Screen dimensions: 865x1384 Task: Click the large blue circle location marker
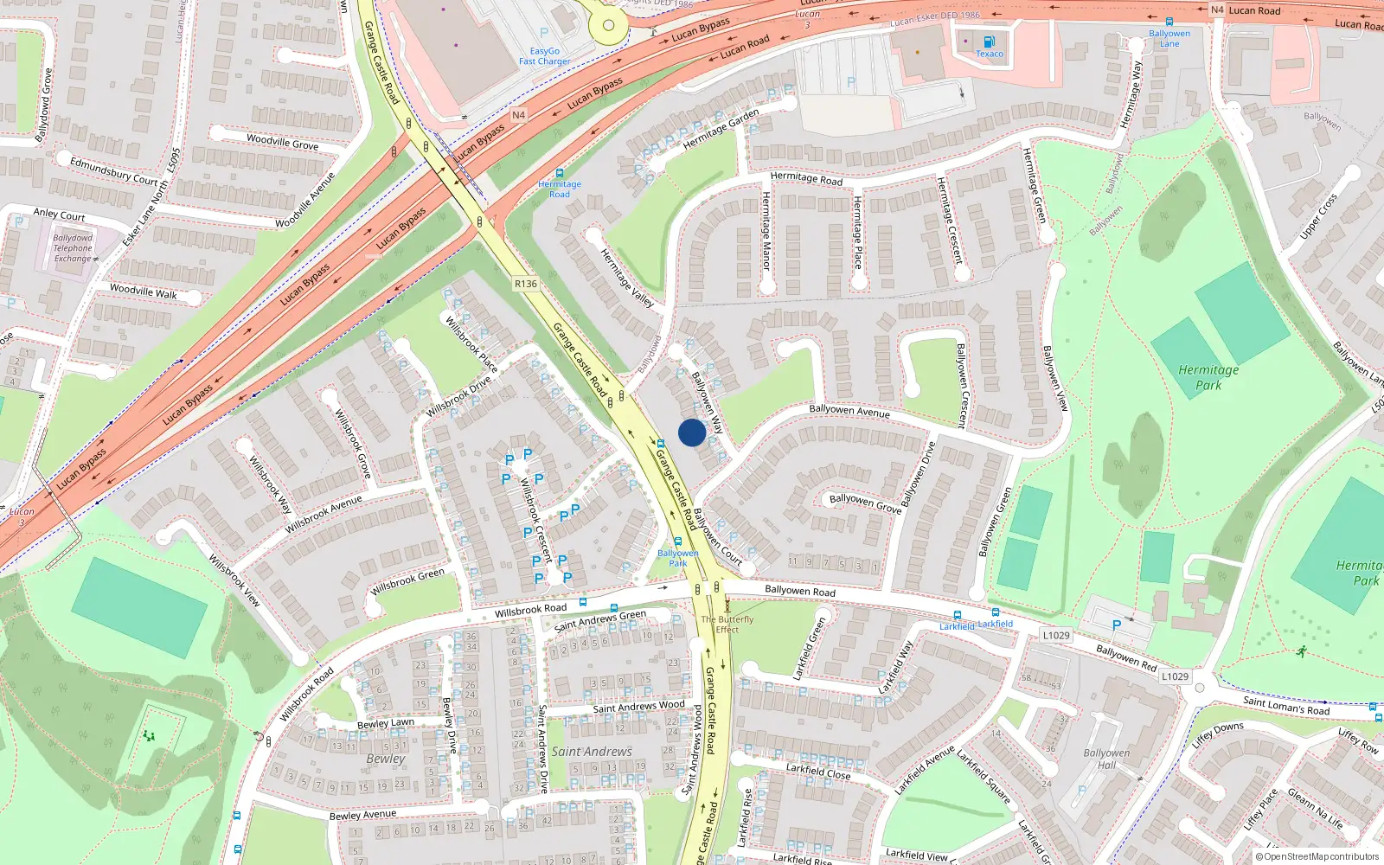(691, 432)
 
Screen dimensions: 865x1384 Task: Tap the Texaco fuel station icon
(990, 42)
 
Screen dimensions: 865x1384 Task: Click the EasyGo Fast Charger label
(544, 56)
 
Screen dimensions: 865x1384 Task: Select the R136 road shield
(525, 284)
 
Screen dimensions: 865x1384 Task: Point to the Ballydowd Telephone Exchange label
(73, 248)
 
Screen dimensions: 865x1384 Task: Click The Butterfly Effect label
(727, 625)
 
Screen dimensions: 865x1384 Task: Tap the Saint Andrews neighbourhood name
(592, 752)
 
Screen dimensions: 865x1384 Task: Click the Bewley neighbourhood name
(385, 759)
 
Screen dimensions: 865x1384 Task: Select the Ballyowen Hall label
(1106, 759)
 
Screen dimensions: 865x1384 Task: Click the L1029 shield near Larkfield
(1055, 635)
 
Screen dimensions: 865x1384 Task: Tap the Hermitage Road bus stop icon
(560, 173)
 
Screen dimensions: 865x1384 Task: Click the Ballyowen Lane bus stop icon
(1169, 22)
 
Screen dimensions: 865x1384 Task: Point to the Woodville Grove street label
(282, 142)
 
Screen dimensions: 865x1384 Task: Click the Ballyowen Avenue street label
(849, 411)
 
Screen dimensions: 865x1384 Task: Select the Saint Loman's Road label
(1286, 706)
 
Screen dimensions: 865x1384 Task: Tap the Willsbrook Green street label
(407, 581)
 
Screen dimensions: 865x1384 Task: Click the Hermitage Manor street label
(766, 230)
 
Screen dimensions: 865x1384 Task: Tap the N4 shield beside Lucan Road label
(1217, 10)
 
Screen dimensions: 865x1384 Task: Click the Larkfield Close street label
(817, 771)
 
